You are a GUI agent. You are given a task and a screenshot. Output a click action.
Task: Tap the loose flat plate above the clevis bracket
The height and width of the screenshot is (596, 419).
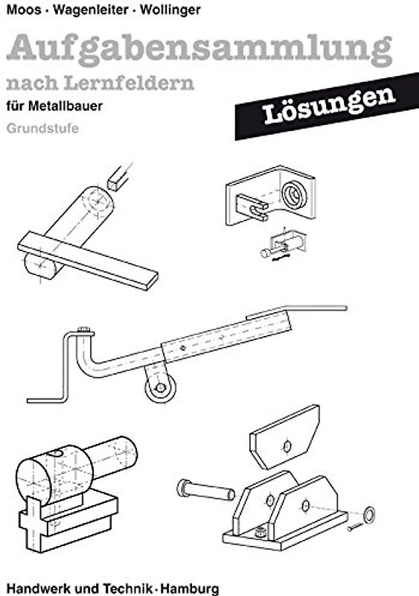[x=285, y=440]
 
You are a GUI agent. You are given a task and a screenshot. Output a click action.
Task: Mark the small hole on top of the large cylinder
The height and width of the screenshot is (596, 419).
[x=54, y=457]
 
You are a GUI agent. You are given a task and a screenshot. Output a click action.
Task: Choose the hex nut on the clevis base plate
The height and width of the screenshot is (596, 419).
[x=259, y=532]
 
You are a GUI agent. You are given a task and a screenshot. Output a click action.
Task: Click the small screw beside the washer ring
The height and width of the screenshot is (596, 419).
[x=356, y=527]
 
